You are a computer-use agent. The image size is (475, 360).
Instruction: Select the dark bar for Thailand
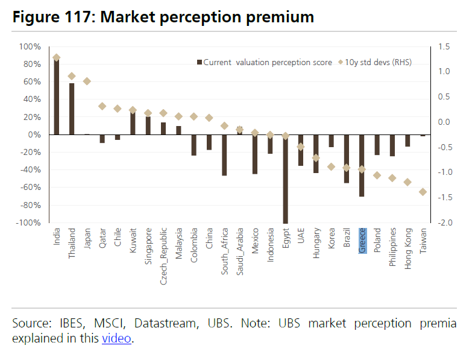pos(72,109)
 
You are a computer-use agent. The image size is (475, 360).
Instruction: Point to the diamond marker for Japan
pos(87,81)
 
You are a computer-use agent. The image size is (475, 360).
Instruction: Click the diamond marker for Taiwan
pos(423,192)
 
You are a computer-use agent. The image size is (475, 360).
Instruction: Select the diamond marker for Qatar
pos(102,106)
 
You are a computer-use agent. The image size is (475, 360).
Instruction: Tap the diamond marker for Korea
pos(331,166)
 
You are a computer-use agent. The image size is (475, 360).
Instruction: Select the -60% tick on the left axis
pos(30,188)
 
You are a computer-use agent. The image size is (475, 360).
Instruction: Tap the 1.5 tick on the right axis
pos(445,46)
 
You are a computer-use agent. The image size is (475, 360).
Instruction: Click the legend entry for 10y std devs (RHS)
pos(374,62)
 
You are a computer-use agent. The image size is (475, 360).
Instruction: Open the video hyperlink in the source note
pos(116,338)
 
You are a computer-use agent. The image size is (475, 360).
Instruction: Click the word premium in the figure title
pos(278,17)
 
